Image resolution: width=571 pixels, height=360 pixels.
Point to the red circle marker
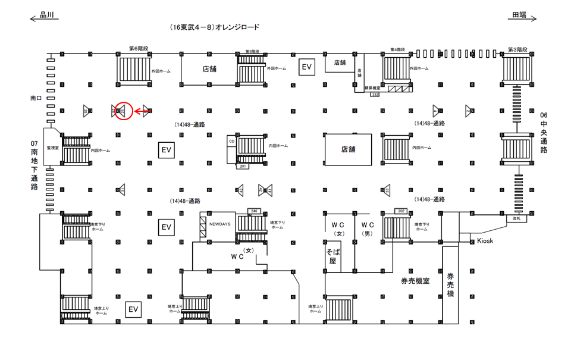click(123, 110)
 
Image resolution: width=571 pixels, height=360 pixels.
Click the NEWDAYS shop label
click(219, 224)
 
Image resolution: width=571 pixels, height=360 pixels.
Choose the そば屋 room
click(332, 256)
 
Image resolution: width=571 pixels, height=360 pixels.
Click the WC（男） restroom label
click(368, 229)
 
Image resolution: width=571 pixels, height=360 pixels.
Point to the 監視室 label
click(53, 147)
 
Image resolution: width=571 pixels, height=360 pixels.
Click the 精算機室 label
click(372, 87)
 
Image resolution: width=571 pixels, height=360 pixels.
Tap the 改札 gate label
click(516, 218)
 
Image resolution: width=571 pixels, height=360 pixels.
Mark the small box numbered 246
click(254, 211)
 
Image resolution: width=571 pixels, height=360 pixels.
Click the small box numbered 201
click(243, 167)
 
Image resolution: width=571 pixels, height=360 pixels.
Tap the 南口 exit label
click(36, 96)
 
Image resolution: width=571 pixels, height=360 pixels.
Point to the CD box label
click(231, 141)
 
